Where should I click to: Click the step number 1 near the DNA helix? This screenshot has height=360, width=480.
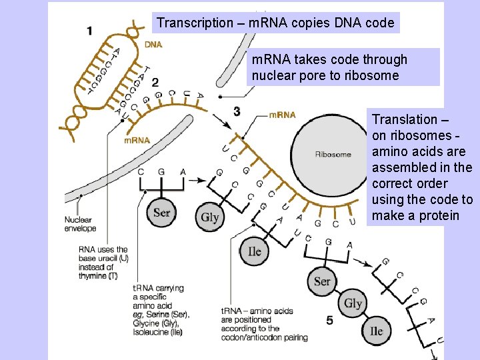[90, 30]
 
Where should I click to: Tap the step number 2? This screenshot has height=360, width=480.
[155, 82]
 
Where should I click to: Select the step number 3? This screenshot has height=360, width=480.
[237, 111]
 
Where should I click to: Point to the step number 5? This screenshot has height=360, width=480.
[329, 321]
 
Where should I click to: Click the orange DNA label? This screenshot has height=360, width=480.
[153, 45]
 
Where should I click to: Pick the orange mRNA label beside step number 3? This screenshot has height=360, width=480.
[282, 115]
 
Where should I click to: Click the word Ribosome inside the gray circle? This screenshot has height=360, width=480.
[333, 154]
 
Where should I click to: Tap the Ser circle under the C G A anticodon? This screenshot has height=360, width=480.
[161, 213]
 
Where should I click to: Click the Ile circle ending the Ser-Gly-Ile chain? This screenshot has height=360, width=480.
[376, 331]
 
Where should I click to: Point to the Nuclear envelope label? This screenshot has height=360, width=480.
[80, 223]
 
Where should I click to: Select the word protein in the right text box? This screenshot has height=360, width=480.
[439, 215]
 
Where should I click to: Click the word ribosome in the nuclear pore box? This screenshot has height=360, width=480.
[381, 75]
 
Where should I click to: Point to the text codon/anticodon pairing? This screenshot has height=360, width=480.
[265, 337]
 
